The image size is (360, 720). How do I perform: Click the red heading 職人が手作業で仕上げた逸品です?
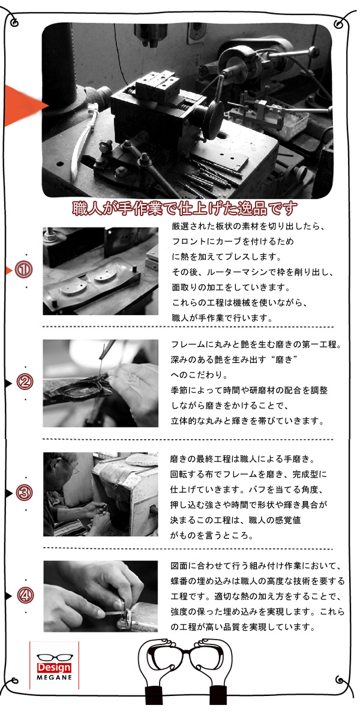click(185, 209)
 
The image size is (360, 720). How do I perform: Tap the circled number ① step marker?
click(24, 271)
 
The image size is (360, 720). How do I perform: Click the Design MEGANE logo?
click(54, 665)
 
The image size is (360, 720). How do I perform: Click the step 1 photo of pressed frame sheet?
click(100, 271)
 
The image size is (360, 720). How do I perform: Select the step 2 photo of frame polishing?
click(100, 383)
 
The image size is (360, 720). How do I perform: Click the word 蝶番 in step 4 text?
click(179, 581)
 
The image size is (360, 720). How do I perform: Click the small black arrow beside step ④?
click(8, 596)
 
